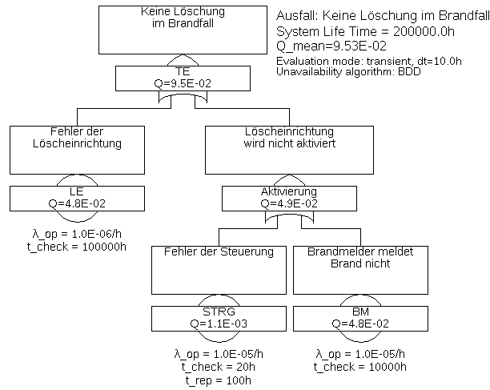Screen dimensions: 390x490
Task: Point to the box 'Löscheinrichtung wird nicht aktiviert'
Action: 288,149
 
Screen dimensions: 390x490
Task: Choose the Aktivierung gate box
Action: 288,197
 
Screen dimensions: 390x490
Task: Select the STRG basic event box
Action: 219,318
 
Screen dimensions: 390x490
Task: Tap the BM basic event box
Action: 359,318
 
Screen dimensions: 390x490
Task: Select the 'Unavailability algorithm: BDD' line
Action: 349,72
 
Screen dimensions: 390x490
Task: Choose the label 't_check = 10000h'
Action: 360,367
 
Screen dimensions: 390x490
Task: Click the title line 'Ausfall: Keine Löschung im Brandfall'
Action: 381,16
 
